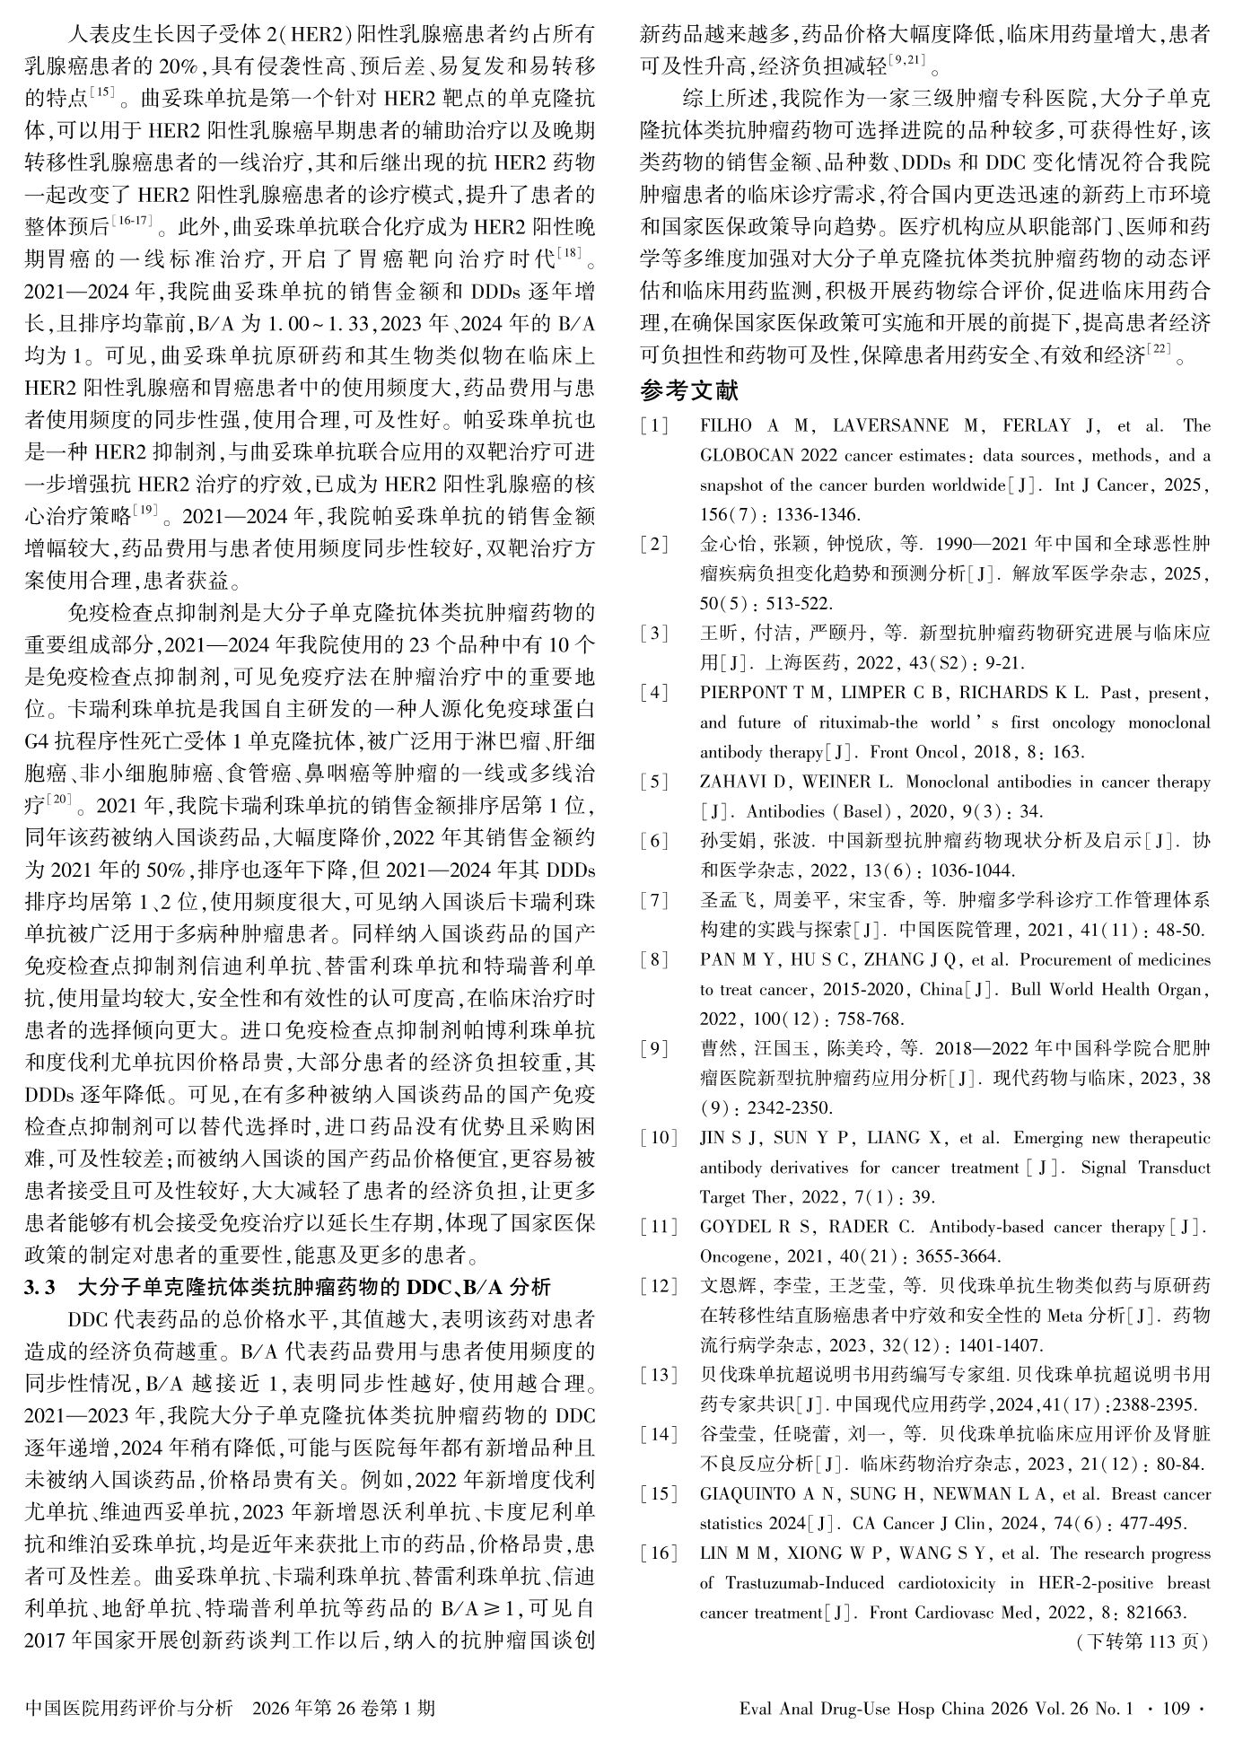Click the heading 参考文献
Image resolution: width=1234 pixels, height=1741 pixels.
pyautogui.click(x=689, y=390)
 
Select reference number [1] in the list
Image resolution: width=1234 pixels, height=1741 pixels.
pyautogui.click(x=654, y=426)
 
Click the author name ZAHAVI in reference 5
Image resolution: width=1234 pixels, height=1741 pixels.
pyautogui.click(x=734, y=782)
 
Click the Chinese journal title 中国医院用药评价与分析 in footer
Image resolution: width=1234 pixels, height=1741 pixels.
pyautogui.click(x=130, y=1707)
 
